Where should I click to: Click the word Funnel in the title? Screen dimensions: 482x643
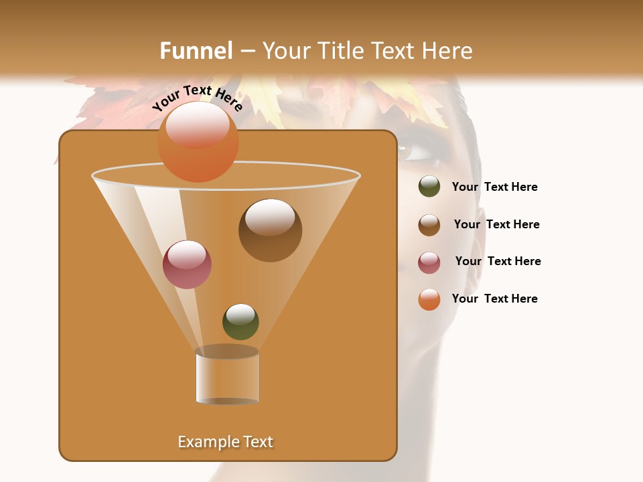196,51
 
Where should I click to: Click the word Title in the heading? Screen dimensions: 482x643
339,51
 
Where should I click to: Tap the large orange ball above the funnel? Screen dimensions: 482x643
198,141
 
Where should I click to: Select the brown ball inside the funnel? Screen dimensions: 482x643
270,230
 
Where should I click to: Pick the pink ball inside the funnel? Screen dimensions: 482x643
187,264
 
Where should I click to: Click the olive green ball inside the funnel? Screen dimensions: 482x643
240,321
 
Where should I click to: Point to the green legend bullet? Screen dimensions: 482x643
429,187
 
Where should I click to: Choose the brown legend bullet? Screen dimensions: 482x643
429,224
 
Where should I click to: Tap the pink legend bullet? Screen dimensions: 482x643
429,262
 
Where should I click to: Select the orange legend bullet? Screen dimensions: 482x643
429,299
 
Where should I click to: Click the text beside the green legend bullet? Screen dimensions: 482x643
494,187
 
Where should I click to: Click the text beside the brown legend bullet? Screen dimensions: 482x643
496,224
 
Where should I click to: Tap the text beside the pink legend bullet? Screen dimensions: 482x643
498,261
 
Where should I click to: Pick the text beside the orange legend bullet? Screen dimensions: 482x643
494,299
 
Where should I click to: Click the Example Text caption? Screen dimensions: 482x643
226,442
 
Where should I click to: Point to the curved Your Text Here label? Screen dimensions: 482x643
197,98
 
